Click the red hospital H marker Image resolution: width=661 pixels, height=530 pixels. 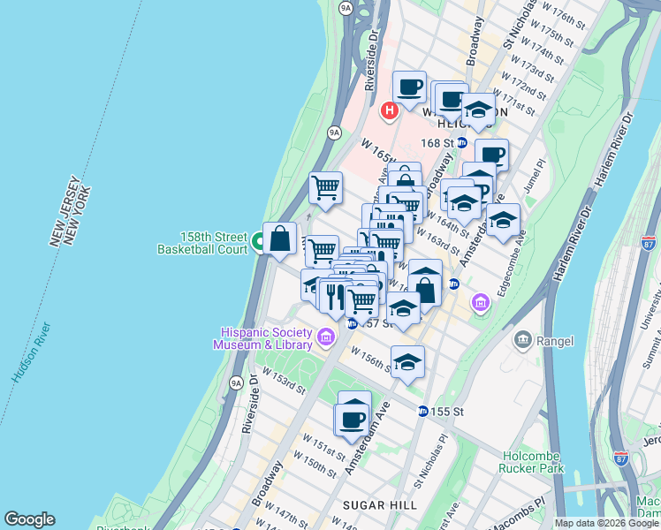point(388,111)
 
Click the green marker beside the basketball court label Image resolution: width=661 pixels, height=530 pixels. point(259,241)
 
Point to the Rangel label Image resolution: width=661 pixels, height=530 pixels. point(555,341)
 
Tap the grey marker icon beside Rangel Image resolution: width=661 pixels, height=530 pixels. point(523,340)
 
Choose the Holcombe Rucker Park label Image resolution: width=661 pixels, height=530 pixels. point(533,462)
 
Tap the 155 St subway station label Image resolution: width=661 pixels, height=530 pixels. point(447,412)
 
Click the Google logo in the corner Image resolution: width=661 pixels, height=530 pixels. point(29,519)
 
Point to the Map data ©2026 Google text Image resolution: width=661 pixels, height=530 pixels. point(607,523)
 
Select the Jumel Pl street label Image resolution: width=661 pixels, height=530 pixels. point(540,173)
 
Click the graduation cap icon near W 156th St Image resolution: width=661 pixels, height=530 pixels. point(407,362)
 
